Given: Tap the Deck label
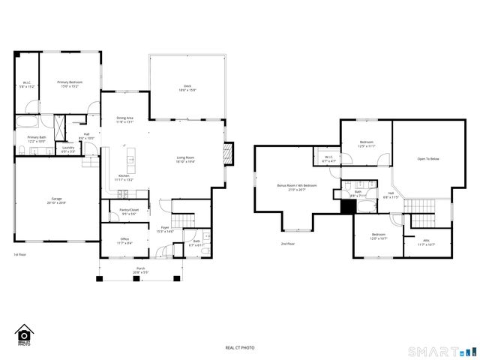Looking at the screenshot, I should click(x=187, y=88).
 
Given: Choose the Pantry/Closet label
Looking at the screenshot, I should click(x=129, y=211).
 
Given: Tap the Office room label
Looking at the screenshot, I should click(x=124, y=241).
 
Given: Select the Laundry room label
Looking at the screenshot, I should click(x=68, y=148).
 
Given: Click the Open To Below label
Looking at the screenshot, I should click(x=427, y=159).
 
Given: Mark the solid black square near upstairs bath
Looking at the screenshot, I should click(x=347, y=208).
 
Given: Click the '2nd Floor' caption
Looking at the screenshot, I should click(x=287, y=244).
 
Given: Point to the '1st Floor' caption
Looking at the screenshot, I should click(x=20, y=255).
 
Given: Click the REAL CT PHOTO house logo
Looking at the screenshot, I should click(x=23, y=335).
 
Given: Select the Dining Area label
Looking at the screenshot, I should click(x=124, y=120).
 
